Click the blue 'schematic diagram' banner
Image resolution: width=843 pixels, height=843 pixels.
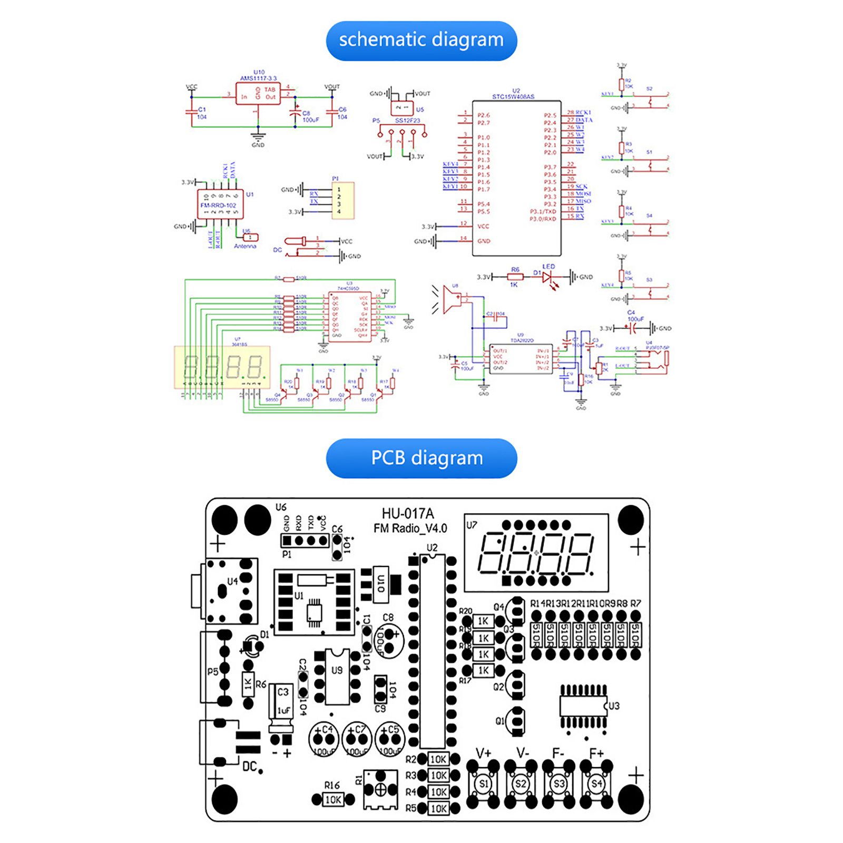421,41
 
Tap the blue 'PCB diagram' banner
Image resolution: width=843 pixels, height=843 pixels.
421,458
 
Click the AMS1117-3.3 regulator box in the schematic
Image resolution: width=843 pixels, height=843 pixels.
258,94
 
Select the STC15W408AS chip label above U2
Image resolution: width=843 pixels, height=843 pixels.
513,96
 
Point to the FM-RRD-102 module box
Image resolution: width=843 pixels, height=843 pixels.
220,204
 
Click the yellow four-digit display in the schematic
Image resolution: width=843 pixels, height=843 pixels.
222,367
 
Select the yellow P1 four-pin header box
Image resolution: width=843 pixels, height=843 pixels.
343,201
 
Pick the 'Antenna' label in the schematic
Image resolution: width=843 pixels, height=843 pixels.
245,246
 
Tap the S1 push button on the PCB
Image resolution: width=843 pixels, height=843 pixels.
483,783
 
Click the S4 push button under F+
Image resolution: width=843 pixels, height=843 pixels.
596,783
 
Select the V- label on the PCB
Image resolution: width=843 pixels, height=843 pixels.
522,753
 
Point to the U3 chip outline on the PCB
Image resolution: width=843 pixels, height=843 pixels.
583,706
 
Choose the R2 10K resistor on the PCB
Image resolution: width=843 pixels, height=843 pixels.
438,759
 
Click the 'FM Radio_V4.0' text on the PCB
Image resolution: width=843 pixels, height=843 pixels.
410,528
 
